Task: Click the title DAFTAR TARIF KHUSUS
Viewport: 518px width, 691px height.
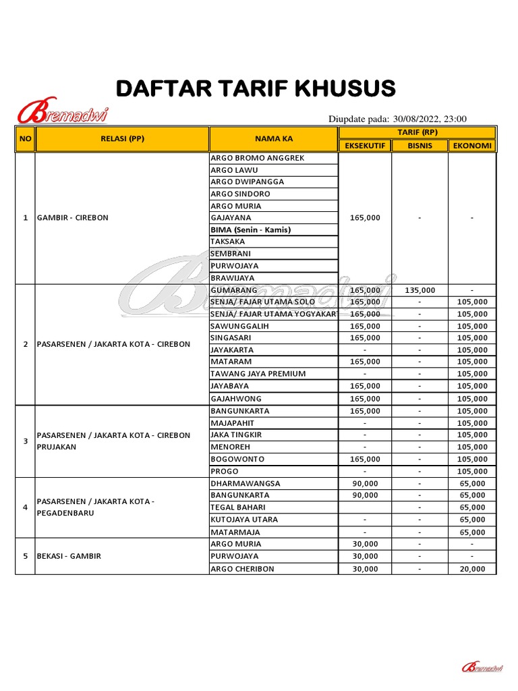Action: click(x=256, y=88)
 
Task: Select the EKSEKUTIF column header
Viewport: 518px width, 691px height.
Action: click(x=364, y=145)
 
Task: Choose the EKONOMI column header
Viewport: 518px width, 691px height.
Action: click(x=471, y=145)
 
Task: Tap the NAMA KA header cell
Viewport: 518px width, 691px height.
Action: click(x=273, y=139)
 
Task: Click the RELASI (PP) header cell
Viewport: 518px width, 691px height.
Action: click(x=122, y=139)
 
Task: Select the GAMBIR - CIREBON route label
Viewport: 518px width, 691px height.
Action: click(x=73, y=218)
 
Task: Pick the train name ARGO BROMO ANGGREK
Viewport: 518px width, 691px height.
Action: click(x=258, y=158)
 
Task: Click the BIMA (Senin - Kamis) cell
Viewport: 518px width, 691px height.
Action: click(x=250, y=230)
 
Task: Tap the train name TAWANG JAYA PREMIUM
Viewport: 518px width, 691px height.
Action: click(x=258, y=374)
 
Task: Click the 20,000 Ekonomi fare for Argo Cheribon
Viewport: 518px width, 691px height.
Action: click(x=471, y=569)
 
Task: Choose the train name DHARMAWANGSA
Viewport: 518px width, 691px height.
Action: click(x=245, y=484)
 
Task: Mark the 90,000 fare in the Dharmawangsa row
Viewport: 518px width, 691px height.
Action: click(x=365, y=484)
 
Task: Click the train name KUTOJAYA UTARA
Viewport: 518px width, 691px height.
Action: click(x=244, y=520)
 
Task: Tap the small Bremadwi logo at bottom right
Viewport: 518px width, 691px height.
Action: click(x=482, y=667)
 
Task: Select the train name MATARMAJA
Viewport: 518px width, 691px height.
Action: click(x=235, y=532)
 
